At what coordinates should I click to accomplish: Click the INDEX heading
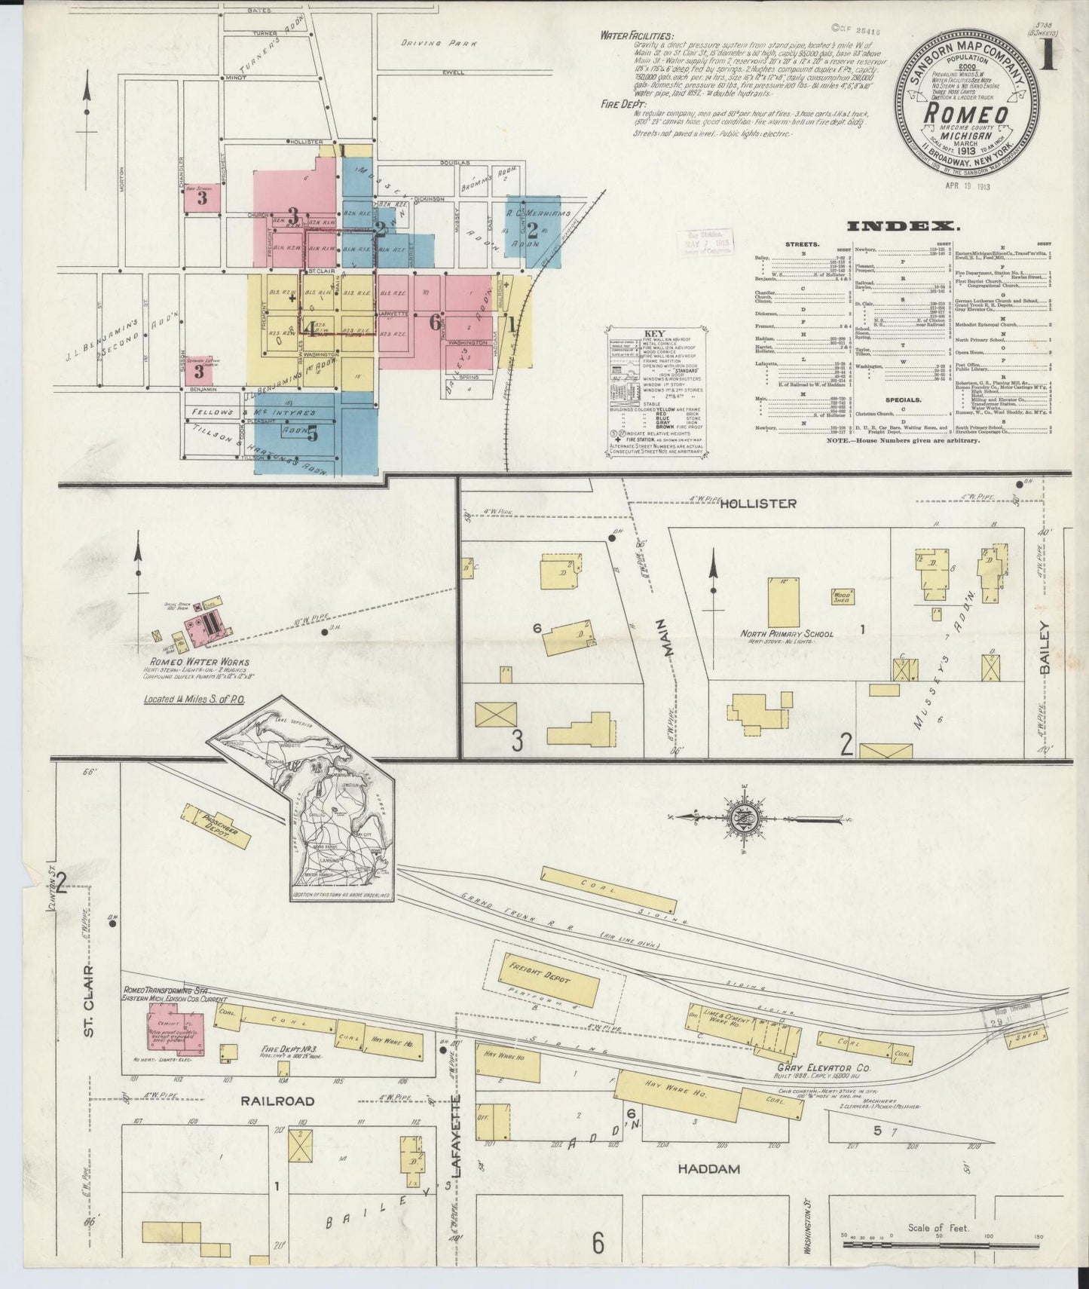click(903, 225)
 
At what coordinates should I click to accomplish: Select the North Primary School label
click(786, 634)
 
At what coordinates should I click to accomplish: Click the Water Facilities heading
click(638, 35)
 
